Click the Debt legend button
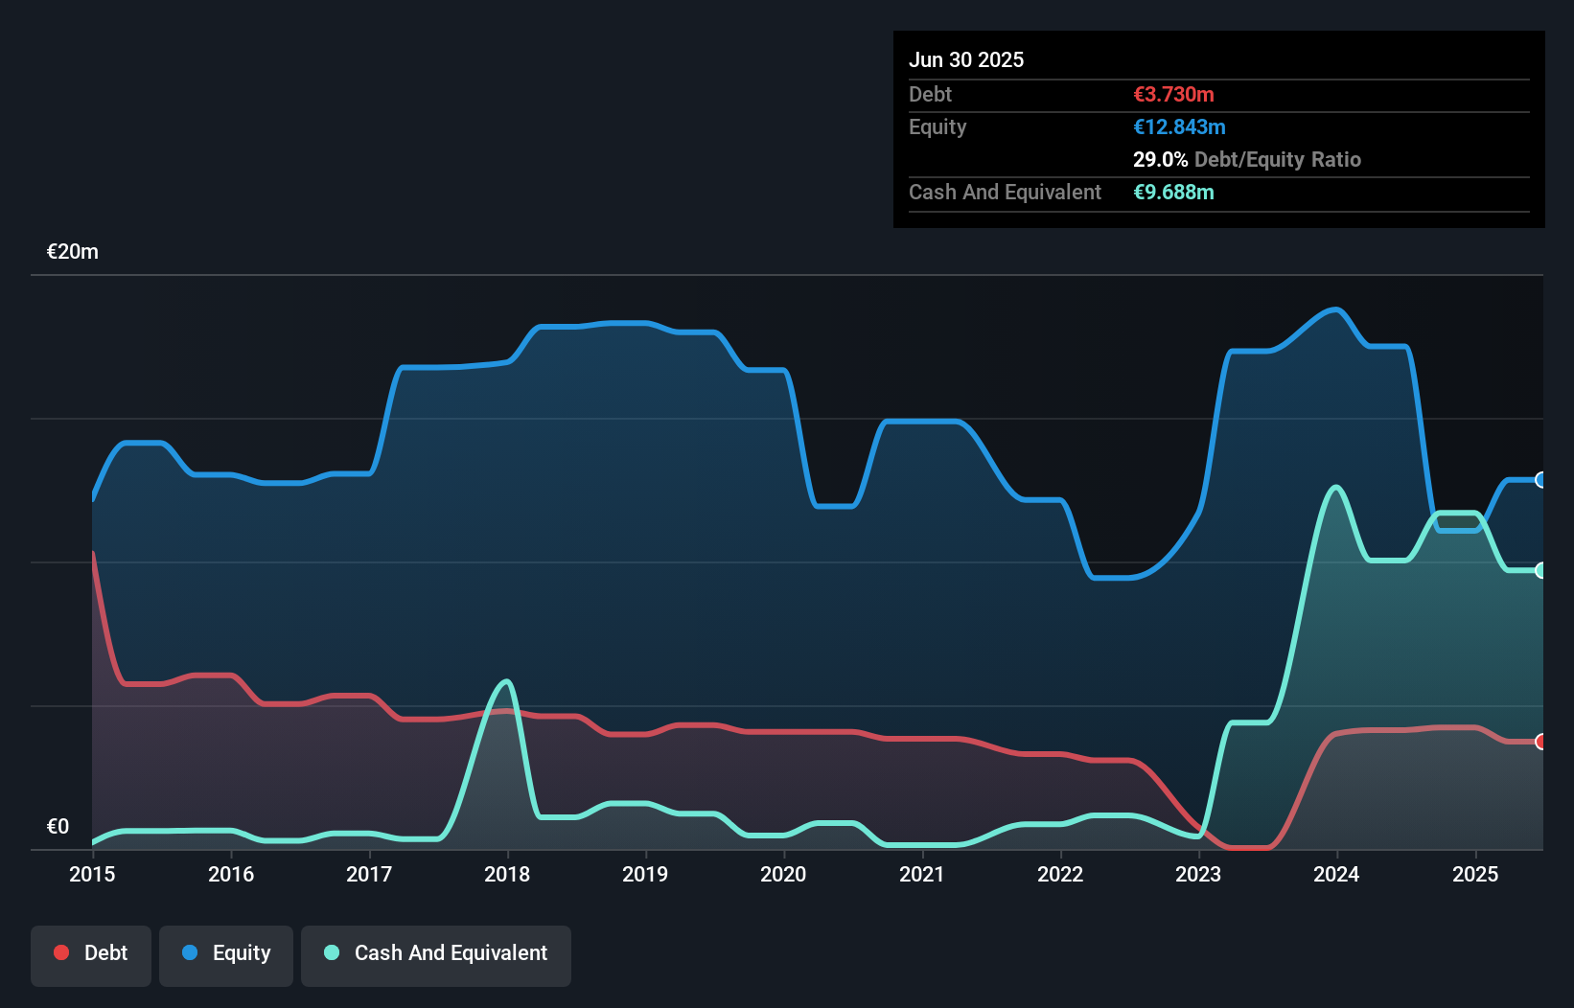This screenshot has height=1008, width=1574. [x=91, y=953]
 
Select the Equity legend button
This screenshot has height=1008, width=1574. [x=226, y=953]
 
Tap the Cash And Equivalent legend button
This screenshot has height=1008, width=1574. [x=436, y=953]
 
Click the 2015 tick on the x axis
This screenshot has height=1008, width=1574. [x=92, y=874]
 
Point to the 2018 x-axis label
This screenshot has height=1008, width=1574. [x=507, y=874]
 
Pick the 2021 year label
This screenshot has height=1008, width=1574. [x=921, y=874]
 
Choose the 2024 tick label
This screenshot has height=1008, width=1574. [x=1336, y=874]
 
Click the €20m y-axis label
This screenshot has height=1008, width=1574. [x=73, y=252]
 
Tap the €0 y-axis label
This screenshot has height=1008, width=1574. [x=58, y=826]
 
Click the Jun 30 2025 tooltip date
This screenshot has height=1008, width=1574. [x=966, y=60]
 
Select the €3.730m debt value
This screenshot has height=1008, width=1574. [x=1173, y=95]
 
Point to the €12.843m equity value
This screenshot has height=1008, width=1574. [x=1179, y=127]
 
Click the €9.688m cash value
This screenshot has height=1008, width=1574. [x=1173, y=193]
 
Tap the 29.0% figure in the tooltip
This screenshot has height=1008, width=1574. [x=1160, y=160]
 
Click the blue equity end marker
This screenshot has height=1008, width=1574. [x=1541, y=480]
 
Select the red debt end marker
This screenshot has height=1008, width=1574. [x=1541, y=742]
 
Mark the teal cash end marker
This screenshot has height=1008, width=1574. [x=1541, y=570]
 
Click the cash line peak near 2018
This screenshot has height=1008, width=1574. [x=507, y=681]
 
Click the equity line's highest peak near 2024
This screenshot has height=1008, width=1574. [x=1335, y=309]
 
